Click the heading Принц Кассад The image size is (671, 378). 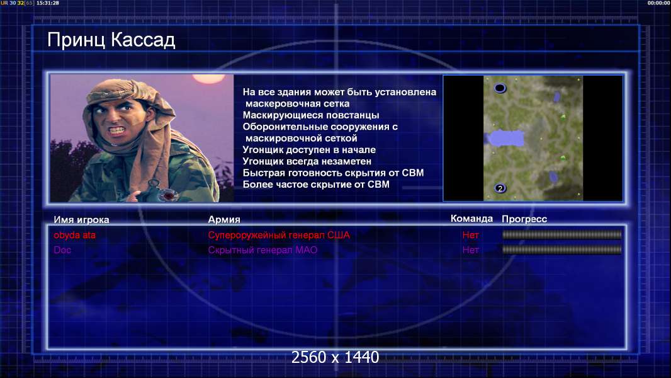(111, 40)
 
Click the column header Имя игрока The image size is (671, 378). (81, 220)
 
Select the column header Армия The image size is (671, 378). (224, 220)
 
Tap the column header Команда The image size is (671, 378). (471, 219)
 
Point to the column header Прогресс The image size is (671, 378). (524, 219)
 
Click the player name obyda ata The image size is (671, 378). (74, 235)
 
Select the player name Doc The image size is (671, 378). (62, 250)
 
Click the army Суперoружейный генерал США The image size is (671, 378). (279, 235)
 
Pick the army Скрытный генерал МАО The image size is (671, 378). (262, 250)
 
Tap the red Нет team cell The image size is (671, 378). (471, 235)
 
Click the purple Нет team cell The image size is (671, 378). (471, 250)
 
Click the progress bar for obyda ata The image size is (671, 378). (562, 234)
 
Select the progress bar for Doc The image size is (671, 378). (562, 249)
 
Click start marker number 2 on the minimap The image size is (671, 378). (500, 188)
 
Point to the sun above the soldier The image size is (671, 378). (208, 78)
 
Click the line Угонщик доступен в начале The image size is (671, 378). (309, 150)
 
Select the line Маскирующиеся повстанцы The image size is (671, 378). (311, 115)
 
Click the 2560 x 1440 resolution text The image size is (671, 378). (335, 357)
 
